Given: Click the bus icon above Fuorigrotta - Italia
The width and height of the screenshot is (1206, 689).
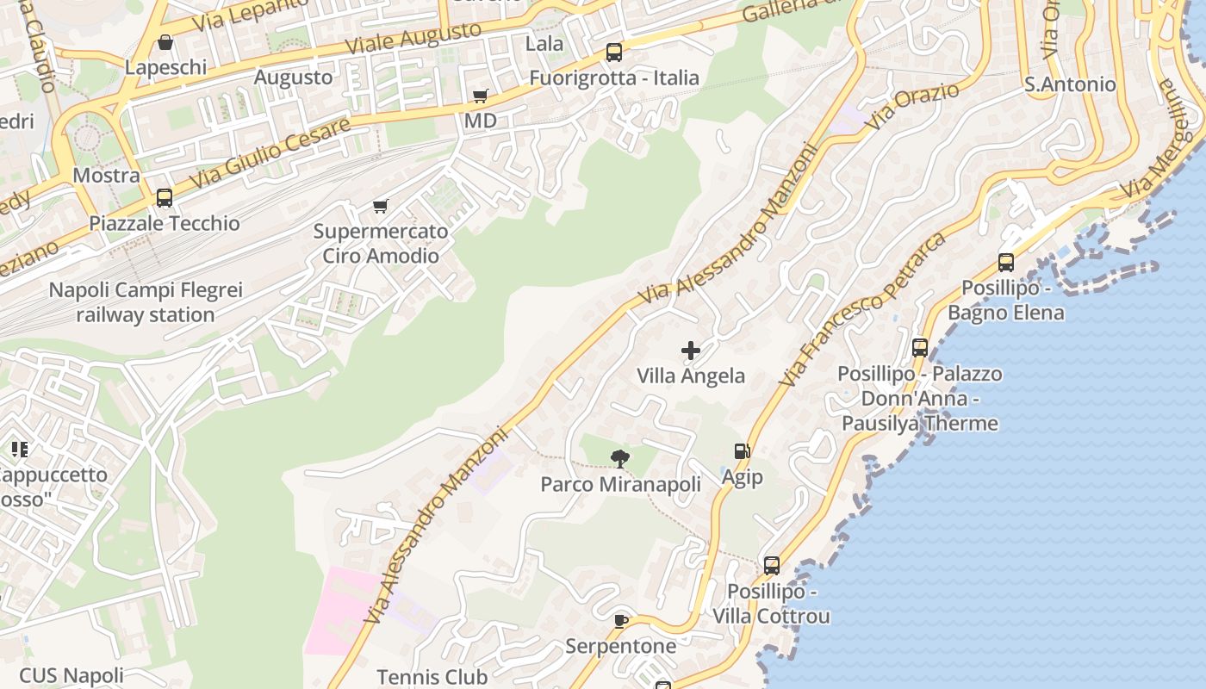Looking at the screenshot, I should pos(613,53).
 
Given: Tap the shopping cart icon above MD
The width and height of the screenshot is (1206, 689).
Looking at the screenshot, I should pos(480,96).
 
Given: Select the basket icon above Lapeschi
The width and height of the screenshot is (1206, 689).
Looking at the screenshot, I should pos(165,42).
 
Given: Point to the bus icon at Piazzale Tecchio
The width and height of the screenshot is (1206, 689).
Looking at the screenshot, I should pos(165,198).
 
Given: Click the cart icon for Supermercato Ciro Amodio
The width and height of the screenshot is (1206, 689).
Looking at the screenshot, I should pos(380,206).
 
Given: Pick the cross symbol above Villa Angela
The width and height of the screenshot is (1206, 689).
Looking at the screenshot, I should pos(691,351).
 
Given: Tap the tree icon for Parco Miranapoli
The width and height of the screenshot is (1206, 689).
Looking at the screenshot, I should pos(619,458).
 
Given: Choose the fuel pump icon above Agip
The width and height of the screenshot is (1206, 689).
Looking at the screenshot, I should pos(742,451).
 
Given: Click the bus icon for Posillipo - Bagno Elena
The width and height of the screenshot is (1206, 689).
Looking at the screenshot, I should pos(1005,263).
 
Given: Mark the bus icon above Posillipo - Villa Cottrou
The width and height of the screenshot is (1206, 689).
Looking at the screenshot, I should pos(772,566).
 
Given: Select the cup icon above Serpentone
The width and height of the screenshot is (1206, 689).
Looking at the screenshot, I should pos(621,621).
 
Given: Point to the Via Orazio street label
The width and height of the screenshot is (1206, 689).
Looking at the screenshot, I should pos(912,107).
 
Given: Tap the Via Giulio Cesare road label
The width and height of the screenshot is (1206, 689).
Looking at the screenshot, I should pos(270,153).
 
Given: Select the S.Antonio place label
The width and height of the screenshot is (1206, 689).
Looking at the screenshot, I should pos(1070,84).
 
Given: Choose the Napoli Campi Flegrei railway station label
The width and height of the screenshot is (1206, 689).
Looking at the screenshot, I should pos(145,302).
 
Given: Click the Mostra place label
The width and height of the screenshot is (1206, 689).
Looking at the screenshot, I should pos(106,176).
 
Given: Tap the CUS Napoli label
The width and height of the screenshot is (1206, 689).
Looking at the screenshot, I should pos(71,675).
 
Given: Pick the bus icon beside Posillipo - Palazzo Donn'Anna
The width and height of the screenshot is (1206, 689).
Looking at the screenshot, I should pos(920,348).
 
